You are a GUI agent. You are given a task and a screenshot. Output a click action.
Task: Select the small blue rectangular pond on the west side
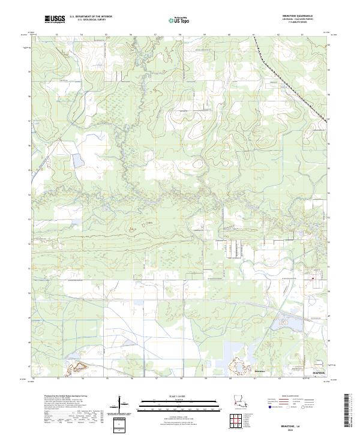[x=78, y=160]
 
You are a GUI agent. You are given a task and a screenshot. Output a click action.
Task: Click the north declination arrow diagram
[x=124, y=407]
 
